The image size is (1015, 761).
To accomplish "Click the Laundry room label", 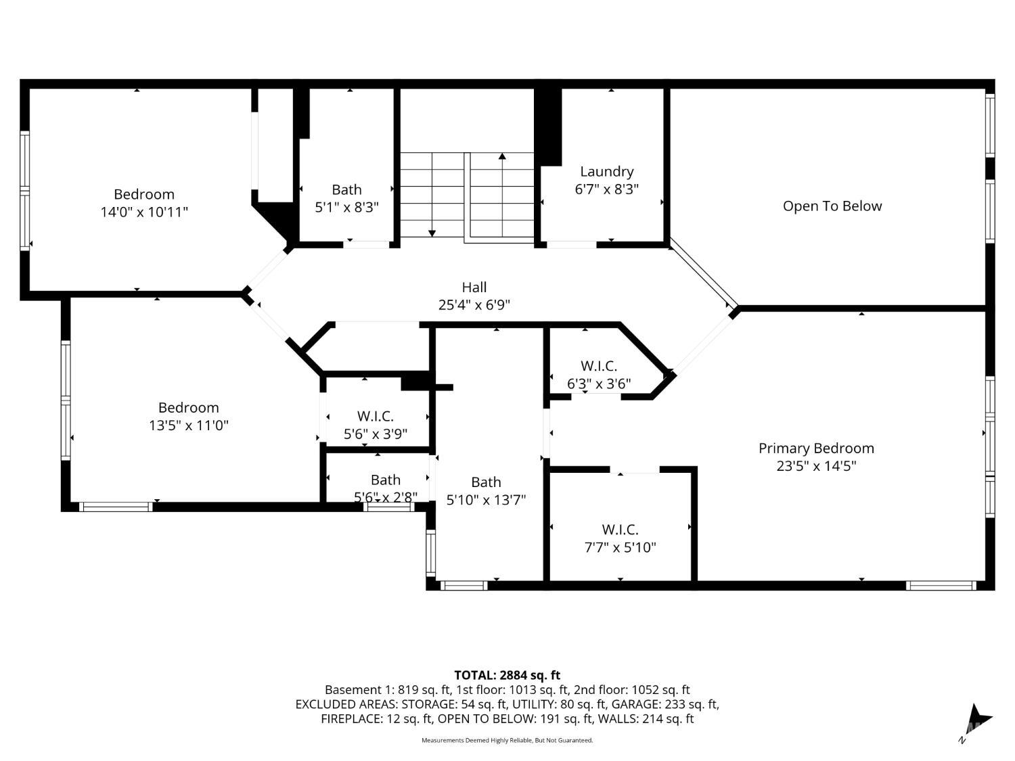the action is coord(606,171).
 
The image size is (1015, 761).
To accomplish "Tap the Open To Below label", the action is coord(832,206).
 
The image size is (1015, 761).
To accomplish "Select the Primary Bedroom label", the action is coord(816,448).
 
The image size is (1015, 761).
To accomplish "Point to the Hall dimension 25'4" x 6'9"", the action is coord(474,304).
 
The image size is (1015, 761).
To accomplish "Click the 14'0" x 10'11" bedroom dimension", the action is coord(144,212).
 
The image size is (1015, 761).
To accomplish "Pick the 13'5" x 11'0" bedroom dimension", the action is coord(189,425).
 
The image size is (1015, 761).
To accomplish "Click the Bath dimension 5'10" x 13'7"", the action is coord(486,499).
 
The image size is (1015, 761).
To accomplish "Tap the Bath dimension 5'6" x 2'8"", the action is coord(386,497).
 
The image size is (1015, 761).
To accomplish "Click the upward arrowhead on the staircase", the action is coord(502,156).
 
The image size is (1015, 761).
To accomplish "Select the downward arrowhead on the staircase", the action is coord(432,233).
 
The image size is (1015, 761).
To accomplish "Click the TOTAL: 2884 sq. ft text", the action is coord(507,675).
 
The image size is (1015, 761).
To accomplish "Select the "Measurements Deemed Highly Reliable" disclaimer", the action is coord(507,740).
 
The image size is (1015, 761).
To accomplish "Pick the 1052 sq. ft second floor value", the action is coord(661,690).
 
